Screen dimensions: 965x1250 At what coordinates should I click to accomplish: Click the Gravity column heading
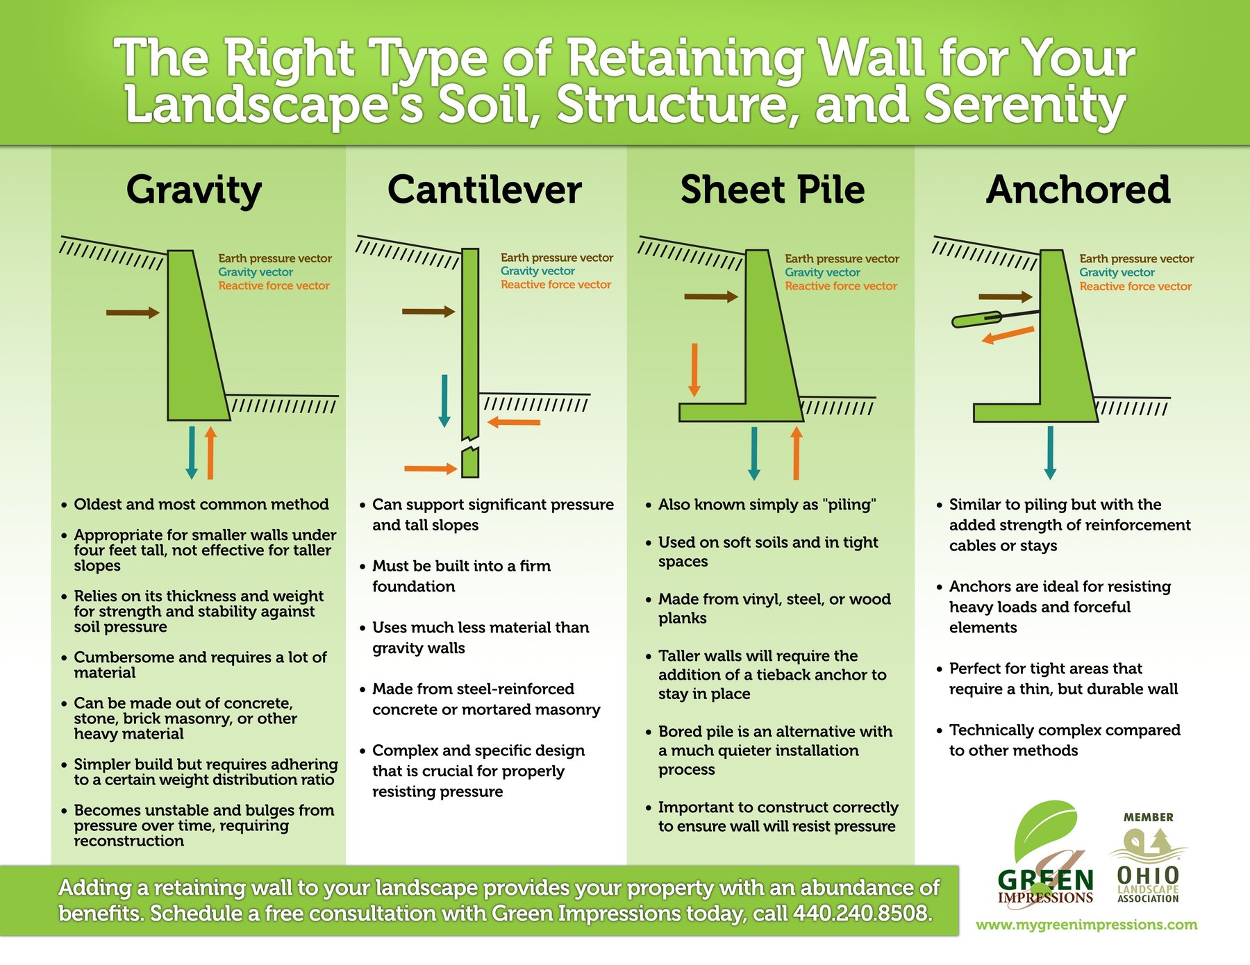click(x=194, y=190)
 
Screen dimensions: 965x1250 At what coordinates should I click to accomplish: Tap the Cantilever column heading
click(x=484, y=190)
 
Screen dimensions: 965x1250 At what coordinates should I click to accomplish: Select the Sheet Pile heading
click(x=772, y=190)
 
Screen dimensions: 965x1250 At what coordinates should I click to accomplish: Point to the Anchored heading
click(x=1078, y=190)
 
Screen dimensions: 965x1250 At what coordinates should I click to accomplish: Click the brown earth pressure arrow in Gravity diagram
click(x=132, y=313)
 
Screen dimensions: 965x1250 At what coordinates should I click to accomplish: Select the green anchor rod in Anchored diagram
click(x=976, y=320)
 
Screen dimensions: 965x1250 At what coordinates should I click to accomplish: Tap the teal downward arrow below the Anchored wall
click(x=1050, y=452)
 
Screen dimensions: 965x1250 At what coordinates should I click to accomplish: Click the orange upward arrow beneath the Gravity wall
click(x=210, y=453)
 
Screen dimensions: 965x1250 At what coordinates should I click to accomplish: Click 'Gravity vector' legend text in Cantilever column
click(x=537, y=271)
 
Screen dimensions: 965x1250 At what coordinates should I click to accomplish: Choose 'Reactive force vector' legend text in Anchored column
click(x=1135, y=287)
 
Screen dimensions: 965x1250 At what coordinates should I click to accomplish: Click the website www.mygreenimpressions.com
click(x=1086, y=925)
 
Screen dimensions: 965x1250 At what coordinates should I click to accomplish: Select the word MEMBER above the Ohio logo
click(x=1148, y=818)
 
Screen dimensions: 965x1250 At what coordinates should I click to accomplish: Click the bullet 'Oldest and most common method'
click(x=201, y=505)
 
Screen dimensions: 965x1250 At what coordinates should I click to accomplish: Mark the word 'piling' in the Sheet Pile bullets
click(x=850, y=505)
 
